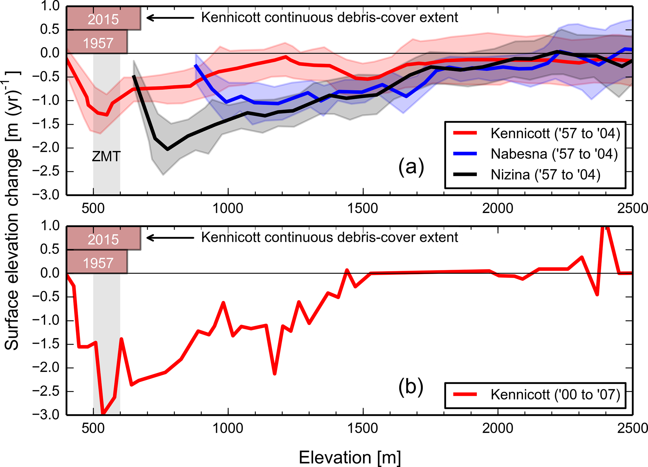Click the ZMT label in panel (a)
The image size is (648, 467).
pyautogui.click(x=106, y=157)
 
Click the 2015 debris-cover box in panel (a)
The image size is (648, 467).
pyautogui.click(x=103, y=19)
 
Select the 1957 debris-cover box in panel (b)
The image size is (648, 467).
pyautogui.click(x=97, y=263)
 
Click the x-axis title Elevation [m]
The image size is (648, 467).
pyautogui.click(x=350, y=457)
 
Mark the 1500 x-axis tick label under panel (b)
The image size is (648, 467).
pyautogui.click(x=363, y=428)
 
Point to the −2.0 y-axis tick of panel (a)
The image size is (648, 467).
pyautogui.click(x=46, y=148)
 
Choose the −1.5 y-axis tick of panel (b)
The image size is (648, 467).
pyautogui.click(x=46, y=344)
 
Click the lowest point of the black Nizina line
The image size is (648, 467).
pyautogui.click(x=168, y=149)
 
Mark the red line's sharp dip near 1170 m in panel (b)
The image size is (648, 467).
pyautogui.click(x=275, y=374)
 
